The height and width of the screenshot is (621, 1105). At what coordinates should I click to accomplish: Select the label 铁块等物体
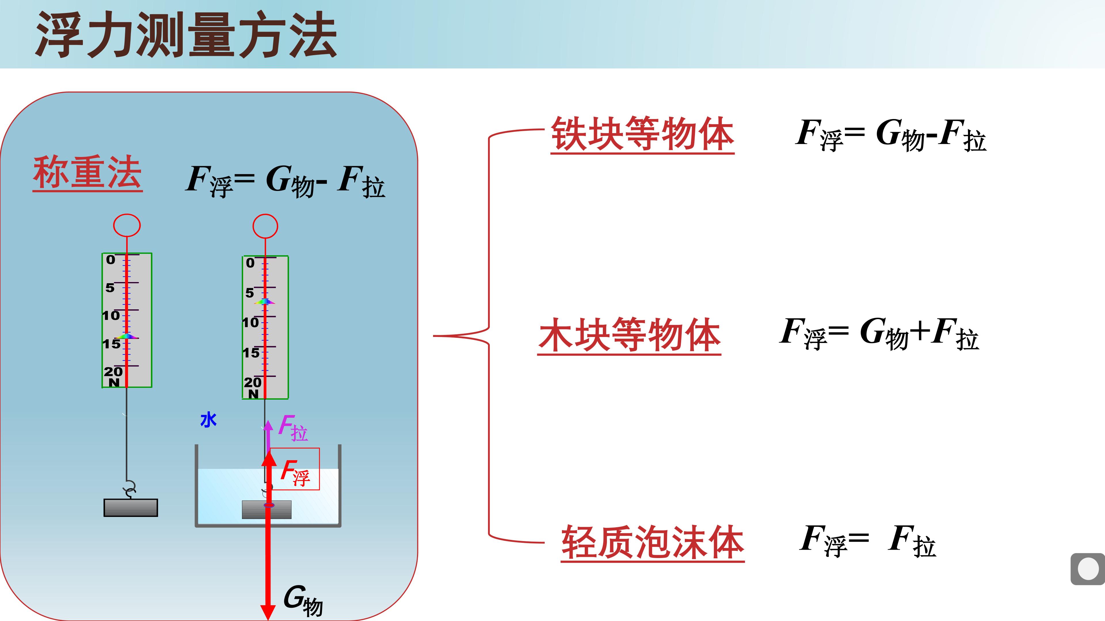643,134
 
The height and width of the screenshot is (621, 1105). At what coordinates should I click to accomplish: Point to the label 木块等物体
629,335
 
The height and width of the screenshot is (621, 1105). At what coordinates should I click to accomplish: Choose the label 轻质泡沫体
653,542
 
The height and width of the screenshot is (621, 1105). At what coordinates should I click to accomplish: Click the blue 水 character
208,420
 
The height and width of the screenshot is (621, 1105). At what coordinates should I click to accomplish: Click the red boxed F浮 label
295,473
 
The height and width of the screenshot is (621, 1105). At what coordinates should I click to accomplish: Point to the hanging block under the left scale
131,507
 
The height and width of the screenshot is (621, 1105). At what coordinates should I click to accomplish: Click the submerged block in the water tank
267,509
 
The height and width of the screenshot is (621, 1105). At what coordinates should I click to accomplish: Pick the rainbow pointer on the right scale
265,301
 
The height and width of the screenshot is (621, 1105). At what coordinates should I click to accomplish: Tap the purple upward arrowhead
268,425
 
